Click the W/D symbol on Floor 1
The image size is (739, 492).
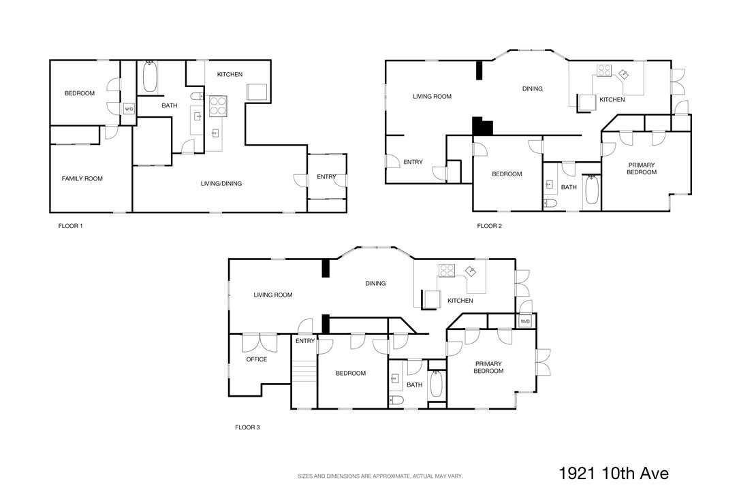[129, 109]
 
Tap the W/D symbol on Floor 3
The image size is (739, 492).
[524, 321]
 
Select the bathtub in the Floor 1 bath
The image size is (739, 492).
[150, 77]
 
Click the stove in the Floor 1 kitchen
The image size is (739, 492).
[218, 106]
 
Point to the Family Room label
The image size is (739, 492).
[82, 178]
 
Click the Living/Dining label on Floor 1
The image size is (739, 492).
[221, 184]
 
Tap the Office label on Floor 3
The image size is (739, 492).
[256, 359]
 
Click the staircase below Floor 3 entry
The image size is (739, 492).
[304, 372]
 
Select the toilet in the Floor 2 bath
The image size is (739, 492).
[550, 203]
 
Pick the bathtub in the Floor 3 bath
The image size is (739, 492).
[436, 384]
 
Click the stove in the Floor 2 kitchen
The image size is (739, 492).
[604, 71]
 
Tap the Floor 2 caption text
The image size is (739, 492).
[489, 226]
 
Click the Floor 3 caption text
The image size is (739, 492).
[247, 427]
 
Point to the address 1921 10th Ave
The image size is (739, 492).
[614, 473]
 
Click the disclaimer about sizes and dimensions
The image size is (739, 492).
[380, 476]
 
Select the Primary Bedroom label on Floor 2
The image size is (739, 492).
[642, 169]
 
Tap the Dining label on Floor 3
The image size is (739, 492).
[375, 284]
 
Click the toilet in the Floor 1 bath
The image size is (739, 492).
[198, 97]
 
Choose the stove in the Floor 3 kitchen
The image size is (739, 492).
[447, 271]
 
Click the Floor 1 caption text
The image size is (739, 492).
[70, 226]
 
